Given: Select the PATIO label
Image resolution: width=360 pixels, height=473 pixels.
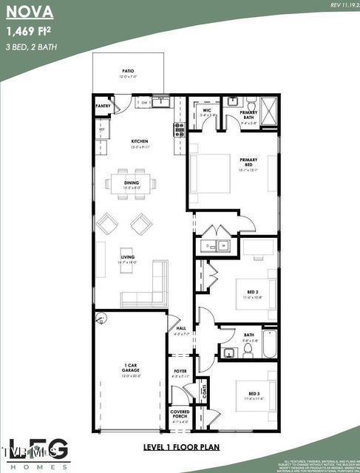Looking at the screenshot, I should [128, 72].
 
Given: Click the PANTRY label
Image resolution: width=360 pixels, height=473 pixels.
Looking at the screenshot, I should [103, 106].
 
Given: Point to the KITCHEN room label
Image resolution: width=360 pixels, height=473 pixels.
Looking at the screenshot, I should [140, 140].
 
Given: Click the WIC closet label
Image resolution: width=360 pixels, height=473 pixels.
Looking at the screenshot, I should [206, 111].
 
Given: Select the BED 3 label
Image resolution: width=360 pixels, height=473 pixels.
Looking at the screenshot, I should [254, 393].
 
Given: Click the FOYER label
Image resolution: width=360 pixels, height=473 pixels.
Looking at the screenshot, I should [180, 371].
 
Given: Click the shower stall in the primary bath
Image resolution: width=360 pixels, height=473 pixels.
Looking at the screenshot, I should [270, 111].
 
